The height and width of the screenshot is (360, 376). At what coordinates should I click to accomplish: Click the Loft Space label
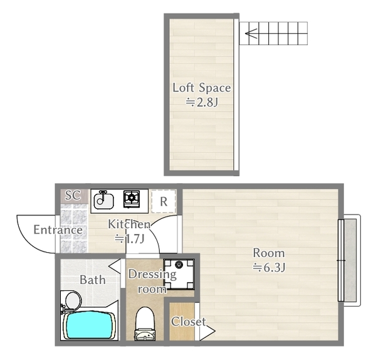(202, 88)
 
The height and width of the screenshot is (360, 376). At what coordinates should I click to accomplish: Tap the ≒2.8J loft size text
(202, 102)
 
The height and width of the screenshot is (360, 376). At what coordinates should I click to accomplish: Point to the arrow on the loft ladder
(251, 33)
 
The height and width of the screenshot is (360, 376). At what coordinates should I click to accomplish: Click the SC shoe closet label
(73, 195)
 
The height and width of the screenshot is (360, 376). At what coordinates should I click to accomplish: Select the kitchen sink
(103, 201)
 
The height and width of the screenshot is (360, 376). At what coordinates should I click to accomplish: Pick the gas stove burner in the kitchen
(132, 198)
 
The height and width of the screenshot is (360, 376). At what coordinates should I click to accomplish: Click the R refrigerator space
(164, 201)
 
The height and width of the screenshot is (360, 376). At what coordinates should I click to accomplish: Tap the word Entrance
(58, 230)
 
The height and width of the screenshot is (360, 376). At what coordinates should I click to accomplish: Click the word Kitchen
(129, 224)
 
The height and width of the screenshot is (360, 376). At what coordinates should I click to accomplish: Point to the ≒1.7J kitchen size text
(130, 238)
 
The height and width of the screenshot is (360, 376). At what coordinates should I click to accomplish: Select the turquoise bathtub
(90, 325)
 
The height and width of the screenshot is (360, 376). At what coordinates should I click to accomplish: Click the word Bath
(93, 280)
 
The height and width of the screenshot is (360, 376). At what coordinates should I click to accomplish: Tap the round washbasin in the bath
(73, 300)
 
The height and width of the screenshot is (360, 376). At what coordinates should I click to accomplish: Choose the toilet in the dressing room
(145, 324)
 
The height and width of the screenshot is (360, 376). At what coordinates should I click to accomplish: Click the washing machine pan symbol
(179, 274)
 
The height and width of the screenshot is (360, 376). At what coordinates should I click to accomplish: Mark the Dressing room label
(152, 282)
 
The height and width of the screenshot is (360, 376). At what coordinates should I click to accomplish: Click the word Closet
(188, 322)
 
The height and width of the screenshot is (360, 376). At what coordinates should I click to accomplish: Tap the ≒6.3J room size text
(269, 267)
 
